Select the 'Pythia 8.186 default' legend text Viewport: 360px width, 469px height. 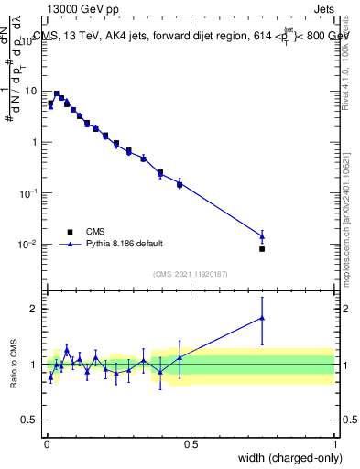[x=125, y=244]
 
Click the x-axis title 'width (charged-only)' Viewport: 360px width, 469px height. [x=291, y=457]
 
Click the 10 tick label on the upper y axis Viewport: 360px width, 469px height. [x=32, y=92]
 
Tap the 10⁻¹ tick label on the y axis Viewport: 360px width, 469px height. [x=29, y=193]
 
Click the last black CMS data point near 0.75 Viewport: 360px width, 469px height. [x=262, y=248]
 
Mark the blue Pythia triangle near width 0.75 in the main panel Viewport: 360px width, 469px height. [x=262, y=236]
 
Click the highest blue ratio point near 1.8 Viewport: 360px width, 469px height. [x=262, y=318]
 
